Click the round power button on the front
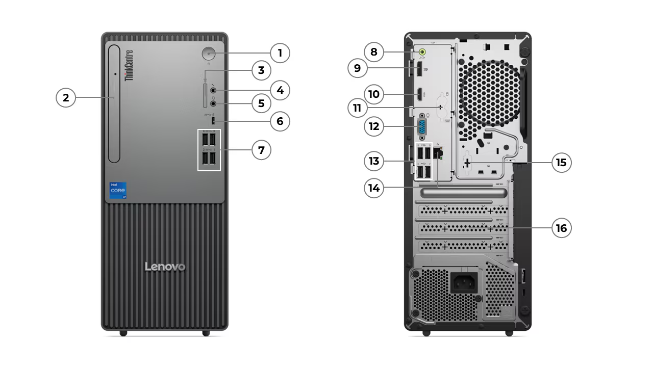coord(209,53)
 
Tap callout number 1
coord(280,53)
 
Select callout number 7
coord(261,150)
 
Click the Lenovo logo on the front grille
coord(165,267)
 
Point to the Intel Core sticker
coord(118,190)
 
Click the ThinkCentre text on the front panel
coord(129,65)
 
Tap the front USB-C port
coord(213,121)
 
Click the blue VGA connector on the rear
coord(422,128)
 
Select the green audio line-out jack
coord(422,51)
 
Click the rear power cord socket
coord(464,281)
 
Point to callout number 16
coord(561,228)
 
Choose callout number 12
coord(374,126)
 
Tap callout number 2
coord(66,97)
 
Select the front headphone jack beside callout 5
coord(214,103)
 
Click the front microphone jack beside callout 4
coord(214,91)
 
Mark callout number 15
coord(561,163)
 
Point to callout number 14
coord(374,188)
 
